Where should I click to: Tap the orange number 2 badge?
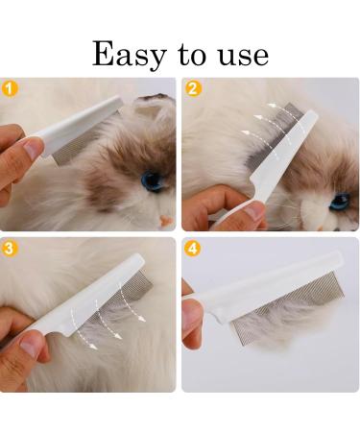click(x=194, y=88)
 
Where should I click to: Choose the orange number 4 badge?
click(x=194, y=249)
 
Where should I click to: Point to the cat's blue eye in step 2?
click(x=338, y=201)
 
